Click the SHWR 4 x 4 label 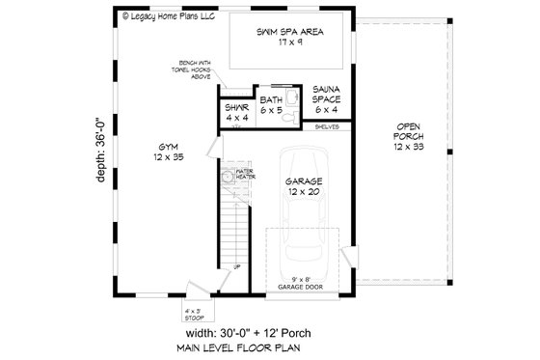pos(237,113)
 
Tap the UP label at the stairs pos(236,267)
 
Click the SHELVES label pos(325,125)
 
